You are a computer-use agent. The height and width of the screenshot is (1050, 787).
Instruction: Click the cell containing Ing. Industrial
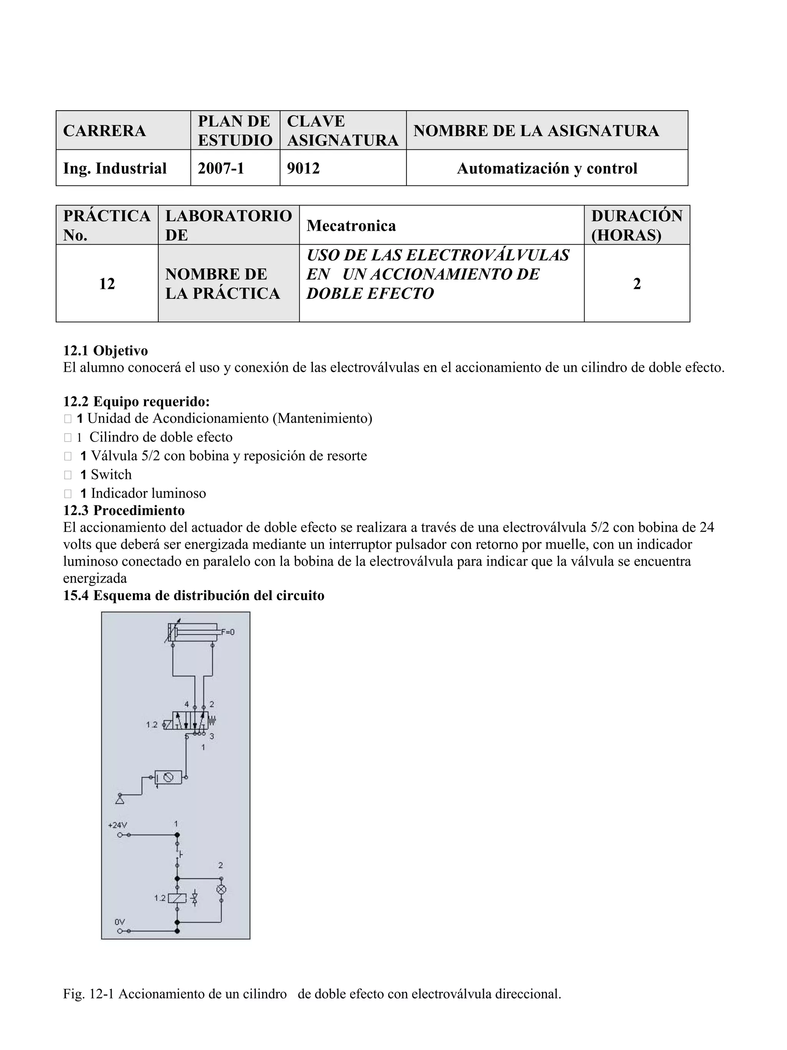click(115, 168)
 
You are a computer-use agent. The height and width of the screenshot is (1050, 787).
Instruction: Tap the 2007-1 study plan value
click(221, 168)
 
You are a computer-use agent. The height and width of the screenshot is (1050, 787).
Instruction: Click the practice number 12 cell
click(107, 283)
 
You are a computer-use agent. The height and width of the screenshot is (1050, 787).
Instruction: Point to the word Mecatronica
click(351, 225)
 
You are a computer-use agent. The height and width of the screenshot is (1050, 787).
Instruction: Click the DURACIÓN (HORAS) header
click(636, 225)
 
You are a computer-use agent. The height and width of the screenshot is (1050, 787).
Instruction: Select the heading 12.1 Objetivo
click(105, 350)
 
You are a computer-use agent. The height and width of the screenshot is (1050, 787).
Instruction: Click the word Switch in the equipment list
click(111, 474)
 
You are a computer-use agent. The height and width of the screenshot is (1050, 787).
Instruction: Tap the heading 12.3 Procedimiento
click(124, 510)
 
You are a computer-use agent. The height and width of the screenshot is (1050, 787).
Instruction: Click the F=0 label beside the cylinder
click(227, 632)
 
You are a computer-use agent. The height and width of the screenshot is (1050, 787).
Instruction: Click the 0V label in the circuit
click(119, 922)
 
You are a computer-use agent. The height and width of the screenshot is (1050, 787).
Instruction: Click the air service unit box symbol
click(169, 777)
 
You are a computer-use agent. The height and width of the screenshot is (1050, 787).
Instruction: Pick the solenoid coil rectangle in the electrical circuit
click(177, 898)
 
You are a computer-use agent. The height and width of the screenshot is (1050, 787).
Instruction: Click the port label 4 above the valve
click(187, 704)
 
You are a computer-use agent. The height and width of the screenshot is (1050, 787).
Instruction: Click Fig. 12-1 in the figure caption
click(88, 994)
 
